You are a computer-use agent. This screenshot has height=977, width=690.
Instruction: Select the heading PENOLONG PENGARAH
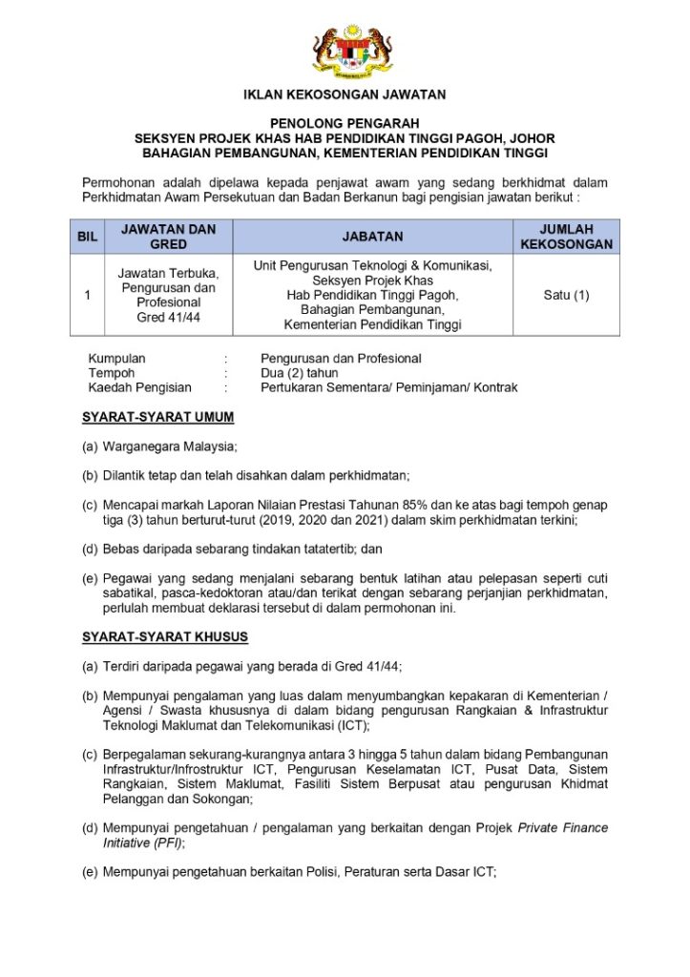[x=345, y=123]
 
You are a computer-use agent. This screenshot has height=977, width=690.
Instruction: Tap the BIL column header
[x=87, y=237]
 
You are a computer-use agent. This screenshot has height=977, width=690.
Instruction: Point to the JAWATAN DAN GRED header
[x=169, y=237]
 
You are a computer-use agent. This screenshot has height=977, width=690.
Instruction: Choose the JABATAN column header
[x=372, y=237]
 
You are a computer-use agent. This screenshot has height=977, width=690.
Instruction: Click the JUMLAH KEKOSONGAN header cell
[x=566, y=237]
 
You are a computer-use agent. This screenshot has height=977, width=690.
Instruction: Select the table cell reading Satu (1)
[x=566, y=295]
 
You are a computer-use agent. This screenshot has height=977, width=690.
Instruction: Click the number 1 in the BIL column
[x=87, y=295]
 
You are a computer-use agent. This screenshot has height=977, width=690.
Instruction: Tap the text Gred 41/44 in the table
[x=169, y=317]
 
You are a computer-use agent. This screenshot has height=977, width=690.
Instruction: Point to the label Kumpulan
[x=117, y=359]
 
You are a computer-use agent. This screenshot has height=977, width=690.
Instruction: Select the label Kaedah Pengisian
[x=140, y=387]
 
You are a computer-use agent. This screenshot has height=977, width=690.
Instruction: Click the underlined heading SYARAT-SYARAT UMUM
[x=157, y=418]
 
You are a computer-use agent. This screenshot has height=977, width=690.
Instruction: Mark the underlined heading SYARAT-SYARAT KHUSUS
[x=165, y=636]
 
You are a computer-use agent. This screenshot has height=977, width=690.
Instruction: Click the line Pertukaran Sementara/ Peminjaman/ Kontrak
[x=389, y=387]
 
